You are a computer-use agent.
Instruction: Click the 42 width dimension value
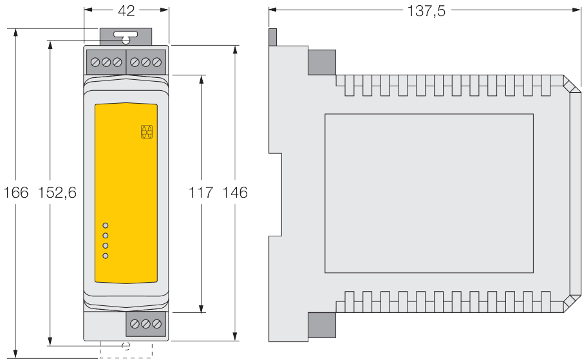tap(126, 11)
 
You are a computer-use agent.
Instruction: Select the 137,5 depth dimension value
tap(426, 11)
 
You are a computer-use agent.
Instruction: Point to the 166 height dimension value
tap(15, 193)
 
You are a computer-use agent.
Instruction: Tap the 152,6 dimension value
tap(57, 193)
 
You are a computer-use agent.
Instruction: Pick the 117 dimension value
tap(201, 193)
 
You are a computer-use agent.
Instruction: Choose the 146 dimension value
tap(234, 193)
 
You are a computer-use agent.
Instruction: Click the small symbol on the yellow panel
tap(147, 132)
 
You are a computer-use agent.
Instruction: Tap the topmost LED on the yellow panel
tap(106, 225)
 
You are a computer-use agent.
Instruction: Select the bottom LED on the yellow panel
tap(106, 256)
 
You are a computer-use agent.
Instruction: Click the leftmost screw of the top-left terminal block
tap(95, 62)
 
